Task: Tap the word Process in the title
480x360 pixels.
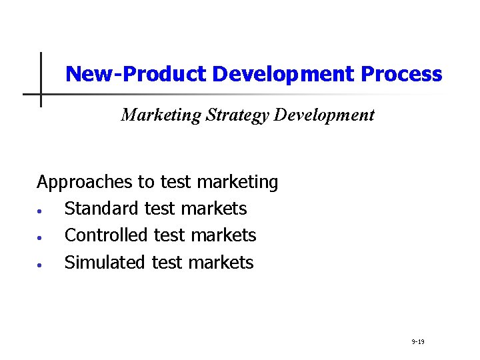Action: click(401, 74)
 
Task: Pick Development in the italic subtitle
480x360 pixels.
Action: click(324, 115)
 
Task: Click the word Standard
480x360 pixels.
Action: click(101, 209)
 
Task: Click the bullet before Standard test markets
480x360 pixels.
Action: click(41, 211)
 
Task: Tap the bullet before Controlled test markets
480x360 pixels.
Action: click(41, 237)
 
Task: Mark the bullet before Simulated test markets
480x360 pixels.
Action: click(41, 264)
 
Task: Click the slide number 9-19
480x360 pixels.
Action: click(418, 342)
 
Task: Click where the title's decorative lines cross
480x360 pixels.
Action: click(41, 94)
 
